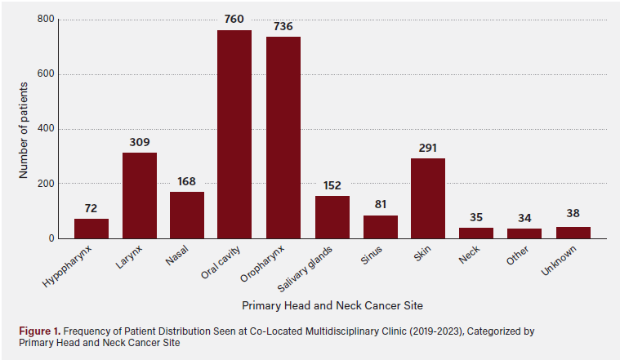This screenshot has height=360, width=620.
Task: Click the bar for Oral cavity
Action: pyautogui.click(x=234, y=134)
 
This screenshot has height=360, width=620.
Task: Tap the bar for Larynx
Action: pyautogui.click(x=139, y=195)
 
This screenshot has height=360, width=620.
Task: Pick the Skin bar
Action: pyautogui.click(x=427, y=198)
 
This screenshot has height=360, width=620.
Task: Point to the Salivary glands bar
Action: pyautogui.click(x=332, y=216)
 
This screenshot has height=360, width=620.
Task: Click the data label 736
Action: pyautogui.click(x=283, y=26)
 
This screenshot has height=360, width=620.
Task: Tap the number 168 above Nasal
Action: pyautogui.click(x=186, y=181)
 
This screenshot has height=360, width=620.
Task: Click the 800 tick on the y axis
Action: pyautogui.click(x=47, y=20)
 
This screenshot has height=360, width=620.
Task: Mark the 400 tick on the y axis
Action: pyautogui.click(x=47, y=129)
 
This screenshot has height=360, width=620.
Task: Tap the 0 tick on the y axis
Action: pyautogui.click(x=51, y=238)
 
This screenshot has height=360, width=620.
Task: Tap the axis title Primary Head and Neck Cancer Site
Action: pyautogui.click(x=332, y=305)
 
